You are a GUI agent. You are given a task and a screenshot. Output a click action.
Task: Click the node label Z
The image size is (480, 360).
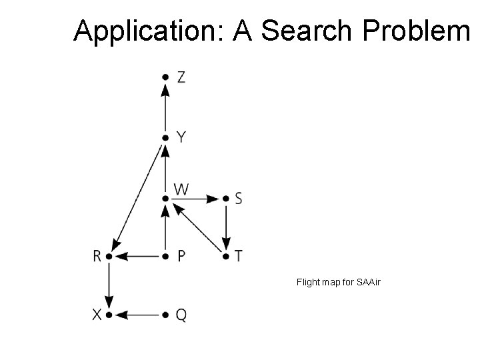pyautogui.click(x=182, y=77)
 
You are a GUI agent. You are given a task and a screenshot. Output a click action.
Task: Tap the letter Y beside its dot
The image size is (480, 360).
pyautogui.click(x=181, y=137)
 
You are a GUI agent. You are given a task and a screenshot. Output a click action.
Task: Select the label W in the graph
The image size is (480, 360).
pyautogui.click(x=181, y=190)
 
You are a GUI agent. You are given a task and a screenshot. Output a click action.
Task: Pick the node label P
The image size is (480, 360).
pyautogui.click(x=181, y=256)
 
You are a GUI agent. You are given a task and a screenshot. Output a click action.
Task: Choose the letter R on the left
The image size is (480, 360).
pyautogui.click(x=98, y=256)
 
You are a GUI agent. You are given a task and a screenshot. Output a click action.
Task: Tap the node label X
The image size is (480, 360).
pyautogui.click(x=98, y=314)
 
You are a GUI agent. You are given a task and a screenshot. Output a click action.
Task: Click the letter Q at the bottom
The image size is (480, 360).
pyautogui.click(x=181, y=314)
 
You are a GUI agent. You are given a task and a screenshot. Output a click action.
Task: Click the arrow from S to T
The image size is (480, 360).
pyautogui.click(x=227, y=227)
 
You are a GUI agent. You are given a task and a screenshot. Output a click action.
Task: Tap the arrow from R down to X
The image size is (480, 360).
pyautogui.click(x=107, y=285)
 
